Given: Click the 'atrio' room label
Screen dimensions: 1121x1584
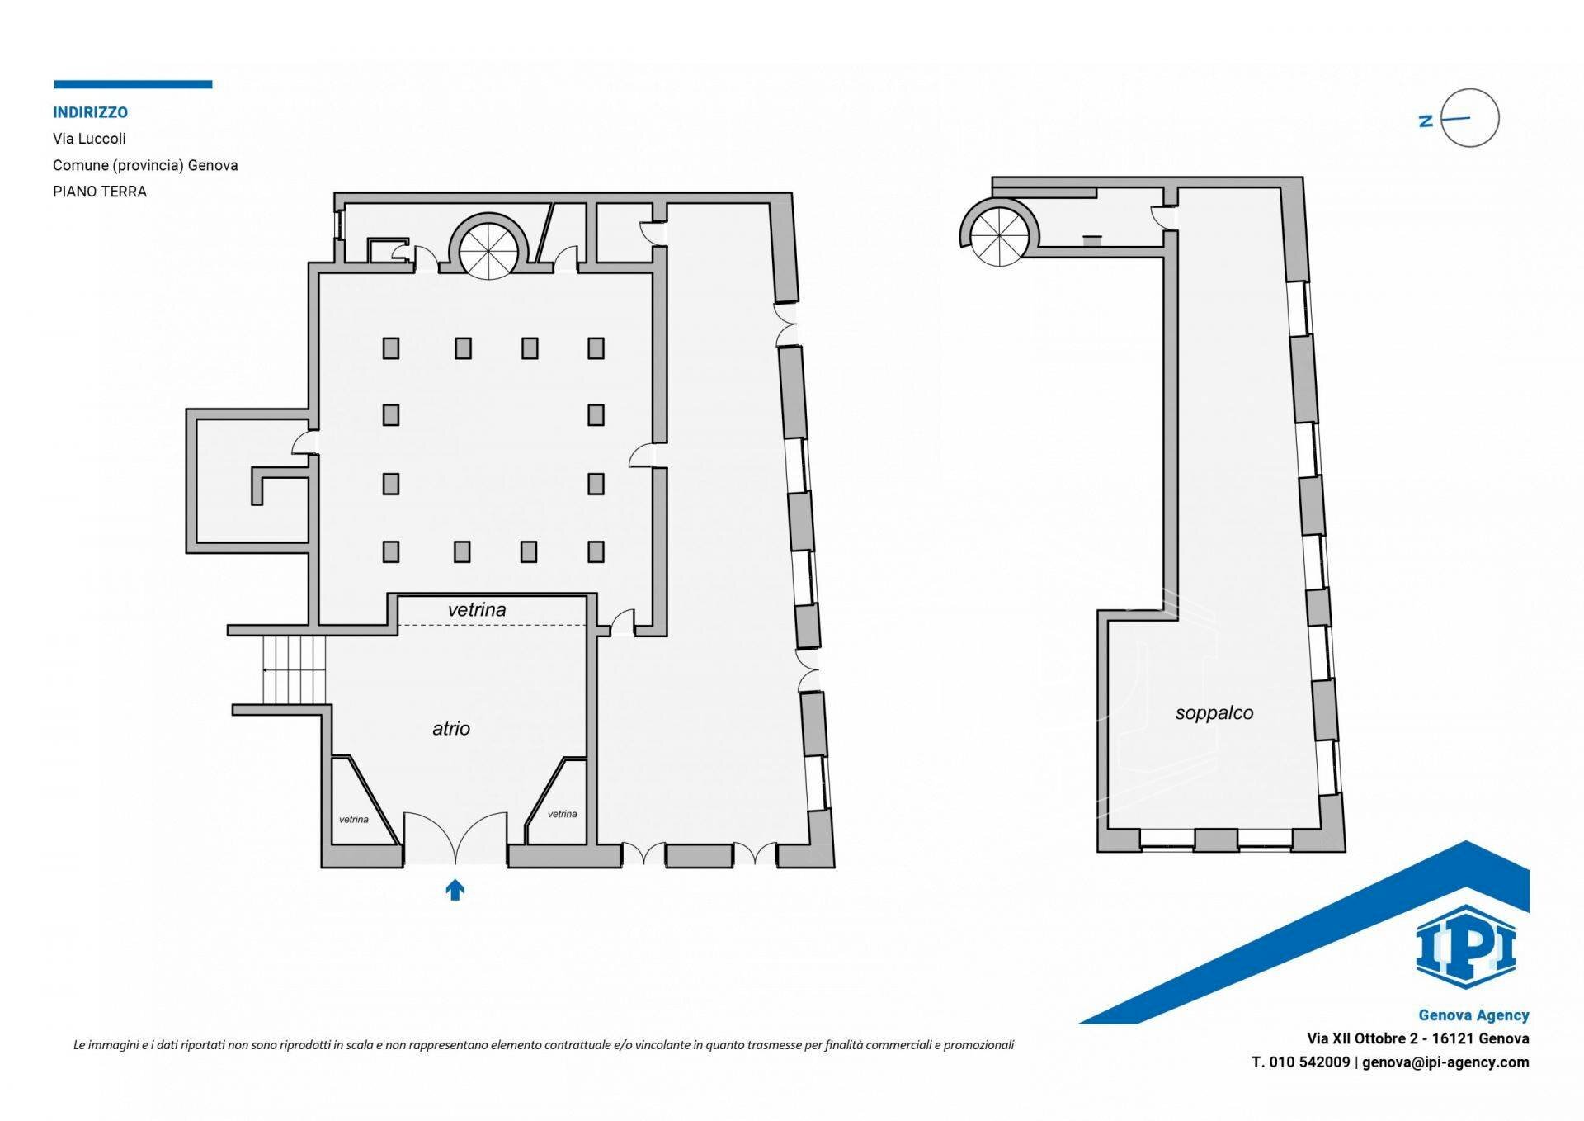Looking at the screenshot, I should pyautogui.click(x=450, y=728).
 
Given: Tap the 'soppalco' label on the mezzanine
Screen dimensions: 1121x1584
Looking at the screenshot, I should pyautogui.click(x=1214, y=713).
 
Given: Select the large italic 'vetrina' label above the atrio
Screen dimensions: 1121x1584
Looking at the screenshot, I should pyautogui.click(x=477, y=610).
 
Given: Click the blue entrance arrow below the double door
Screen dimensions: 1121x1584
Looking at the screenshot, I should pyautogui.click(x=455, y=889).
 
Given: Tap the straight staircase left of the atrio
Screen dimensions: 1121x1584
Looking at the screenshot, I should pyautogui.click(x=295, y=669).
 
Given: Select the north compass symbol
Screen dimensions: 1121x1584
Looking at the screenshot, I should pyautogui.click(x=1468, y=118).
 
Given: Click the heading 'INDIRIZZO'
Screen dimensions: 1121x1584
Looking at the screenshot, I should pyautogui.click(x=90, y=112).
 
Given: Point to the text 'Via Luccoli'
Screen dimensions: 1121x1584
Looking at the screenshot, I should pyautogui.click(x=89, y=139).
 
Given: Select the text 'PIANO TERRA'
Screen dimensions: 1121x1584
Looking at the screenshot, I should pyautogui.click(x=100, y=192).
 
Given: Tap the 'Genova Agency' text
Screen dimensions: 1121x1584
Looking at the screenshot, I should pyautogui.click(x=1473, y=1015).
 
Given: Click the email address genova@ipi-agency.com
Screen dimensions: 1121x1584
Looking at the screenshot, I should pyautogui.click(x=1445, y=1062).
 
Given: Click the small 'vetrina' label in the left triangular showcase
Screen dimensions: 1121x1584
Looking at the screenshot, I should pyautogui.click(x=354, y=820).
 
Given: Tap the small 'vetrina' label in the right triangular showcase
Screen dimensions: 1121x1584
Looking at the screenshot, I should pyautogui.click(x=562, y=814).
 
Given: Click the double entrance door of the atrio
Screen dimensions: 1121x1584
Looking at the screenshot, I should pyautogui.click(x=455, y=838).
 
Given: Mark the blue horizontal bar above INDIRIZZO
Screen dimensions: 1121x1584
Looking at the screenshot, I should pyautogui.click(x=133, y=84).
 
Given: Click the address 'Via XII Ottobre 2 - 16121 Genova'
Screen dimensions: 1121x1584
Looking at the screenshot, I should pyautogui.click(x=1417, y=1038).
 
